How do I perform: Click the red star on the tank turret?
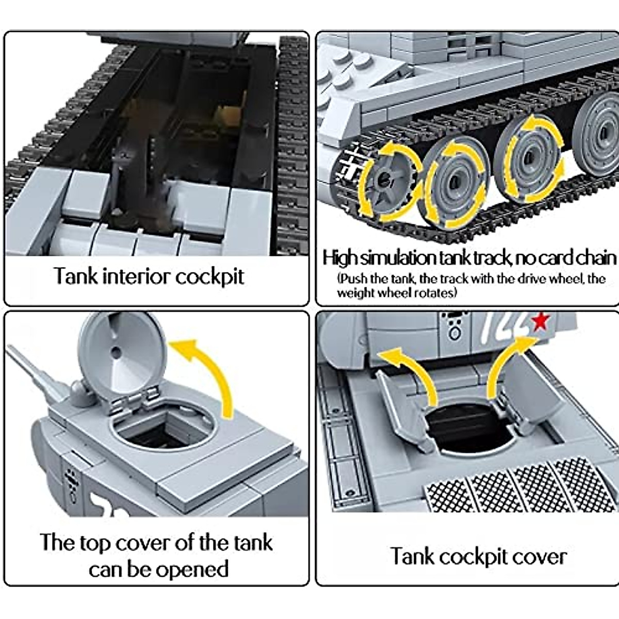tap(540, 322)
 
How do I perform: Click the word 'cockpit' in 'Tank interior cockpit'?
tap(209, 277)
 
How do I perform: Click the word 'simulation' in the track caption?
tap(397, 257)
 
